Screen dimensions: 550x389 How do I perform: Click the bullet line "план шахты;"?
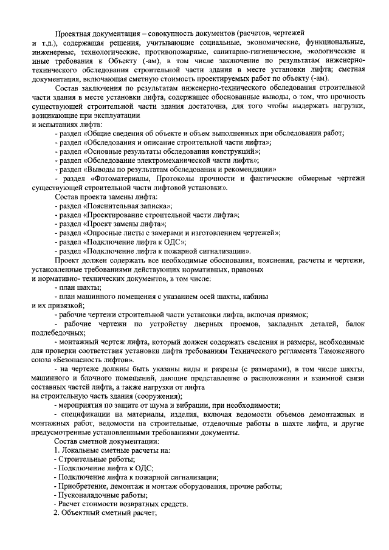point(78,287)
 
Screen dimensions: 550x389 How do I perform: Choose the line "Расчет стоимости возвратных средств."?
point(121,504)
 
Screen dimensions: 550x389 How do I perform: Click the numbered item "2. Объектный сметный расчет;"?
point(106,514)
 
